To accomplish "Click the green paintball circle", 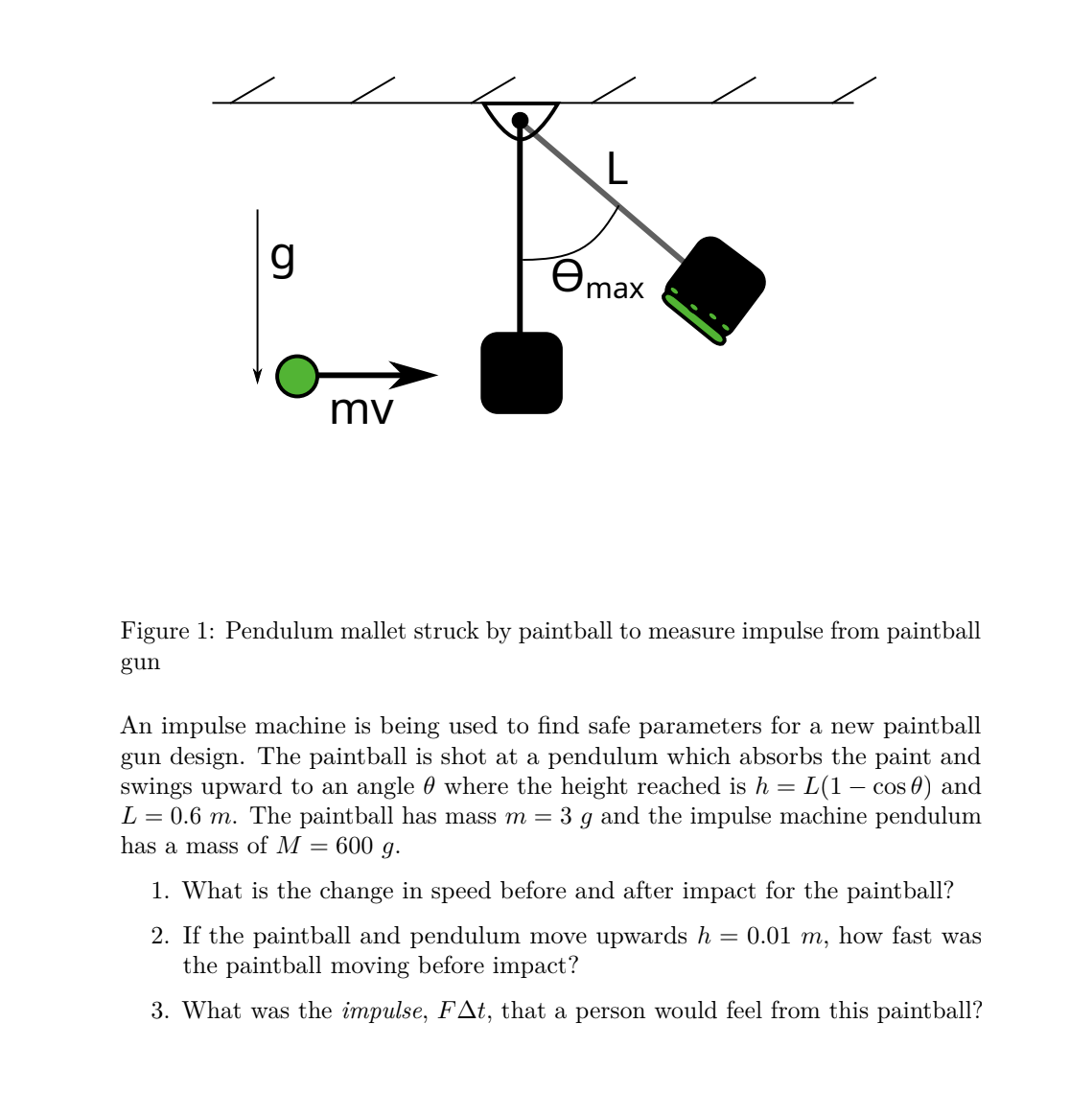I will (296, 376).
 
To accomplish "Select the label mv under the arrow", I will (361, 410).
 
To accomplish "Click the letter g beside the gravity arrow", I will (283, 257).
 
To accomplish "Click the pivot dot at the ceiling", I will (520, 120).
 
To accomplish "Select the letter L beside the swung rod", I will (617, 169).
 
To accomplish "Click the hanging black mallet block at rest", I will (521, 373).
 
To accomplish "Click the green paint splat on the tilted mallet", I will (697, 315).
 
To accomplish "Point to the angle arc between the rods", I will (585, 245).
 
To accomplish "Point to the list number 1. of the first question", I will (161, 892).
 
